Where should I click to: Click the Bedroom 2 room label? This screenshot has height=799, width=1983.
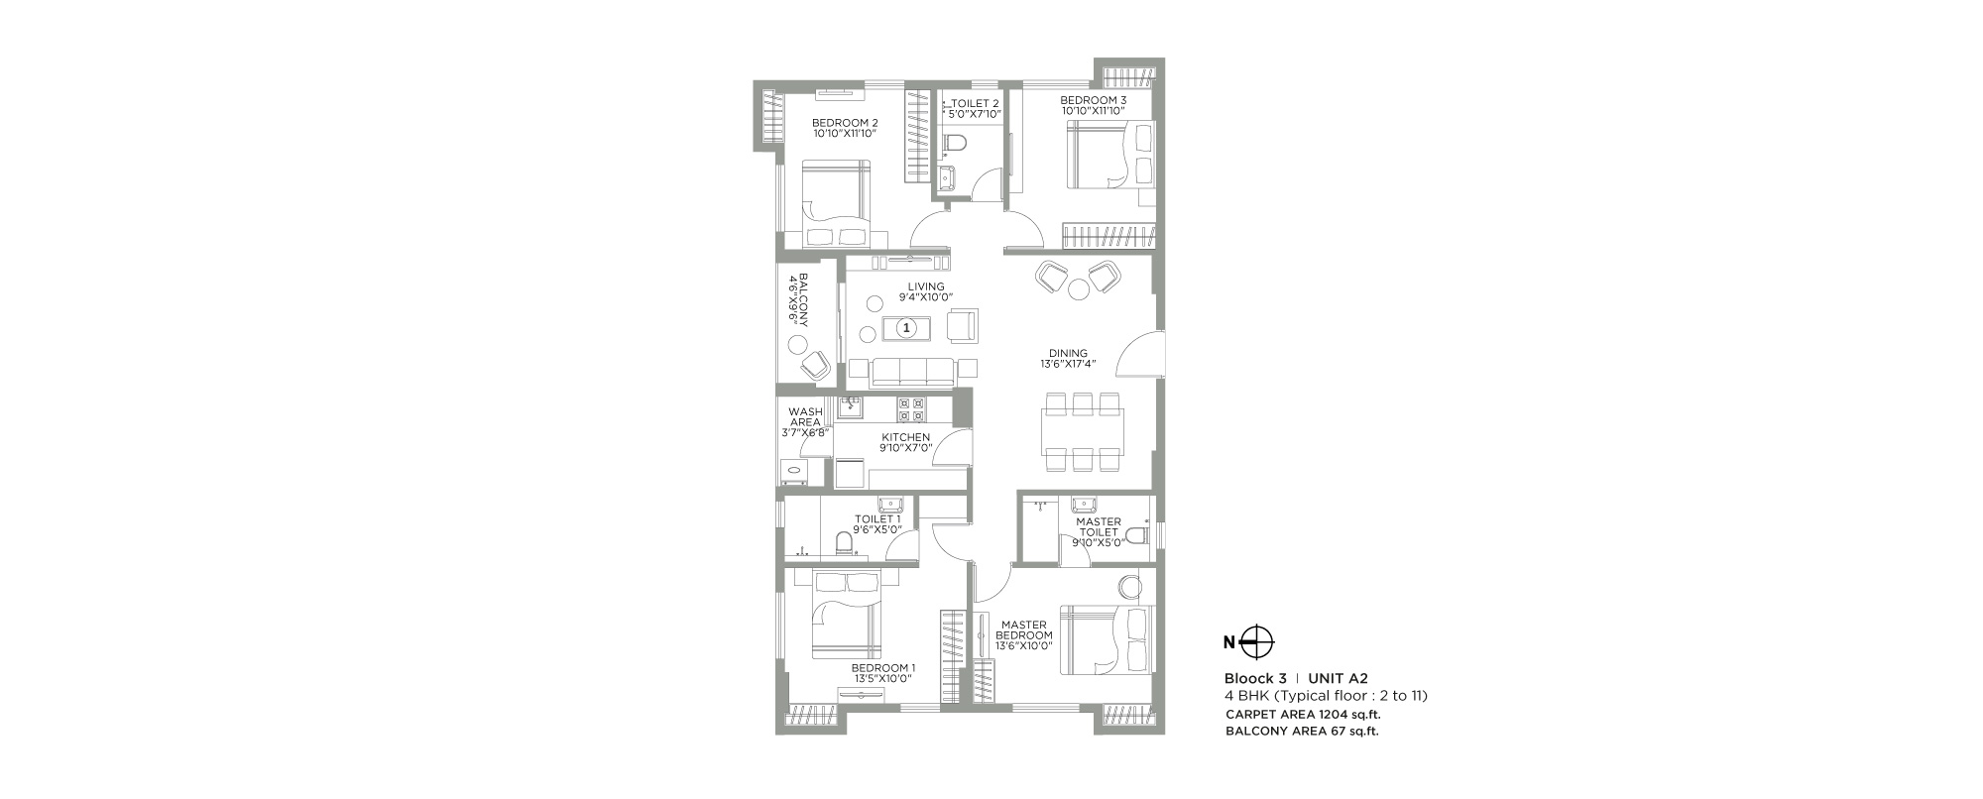[x=845, y=123]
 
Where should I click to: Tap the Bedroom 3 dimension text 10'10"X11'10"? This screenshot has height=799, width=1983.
[x=1093, y=111]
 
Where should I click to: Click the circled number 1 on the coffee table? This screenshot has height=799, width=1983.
[x=905, y=326]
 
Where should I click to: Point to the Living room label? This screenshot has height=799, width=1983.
[x=926, y=286]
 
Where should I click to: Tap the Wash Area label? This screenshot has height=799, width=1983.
[x=805, y=416]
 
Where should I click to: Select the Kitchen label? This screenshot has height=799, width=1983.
[x=906, y=437]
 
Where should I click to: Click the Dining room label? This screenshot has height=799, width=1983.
[x=1068, y=353]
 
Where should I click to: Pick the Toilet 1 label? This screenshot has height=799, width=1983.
[x=877, y=518]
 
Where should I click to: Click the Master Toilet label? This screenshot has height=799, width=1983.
[x=1099, y=526]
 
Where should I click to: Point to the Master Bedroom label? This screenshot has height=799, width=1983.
[x=1024, y=629]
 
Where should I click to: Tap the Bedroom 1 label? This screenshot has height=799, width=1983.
[x=883, y=668]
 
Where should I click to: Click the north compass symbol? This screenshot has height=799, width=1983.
[x=1256, y=641]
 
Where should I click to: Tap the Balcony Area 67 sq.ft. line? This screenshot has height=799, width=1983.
[x=1303, y=732]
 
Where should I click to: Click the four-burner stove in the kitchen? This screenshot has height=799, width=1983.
[x=911, y=410]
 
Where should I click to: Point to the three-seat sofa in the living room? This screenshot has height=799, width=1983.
[x=912, y=372]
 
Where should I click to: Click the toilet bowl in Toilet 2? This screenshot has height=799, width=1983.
[x=954, y=145]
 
